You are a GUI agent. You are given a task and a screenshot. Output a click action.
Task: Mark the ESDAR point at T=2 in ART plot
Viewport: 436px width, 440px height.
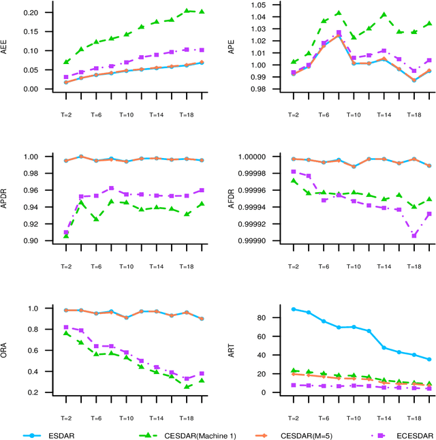[x=293, y=309]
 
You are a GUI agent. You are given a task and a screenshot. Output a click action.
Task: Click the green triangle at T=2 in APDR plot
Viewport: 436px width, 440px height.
[x=65, y=236]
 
